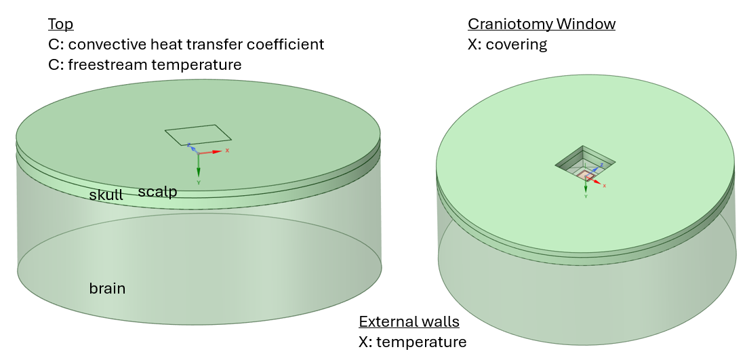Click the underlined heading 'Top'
pos(60,24)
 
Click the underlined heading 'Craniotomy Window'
pos(542,24)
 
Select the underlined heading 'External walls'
pos(409,321)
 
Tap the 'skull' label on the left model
pos(106,195)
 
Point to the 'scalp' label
pos(157,192)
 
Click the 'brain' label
pos(107,288)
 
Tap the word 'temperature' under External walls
pos(421,342)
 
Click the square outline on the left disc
pos(198,134)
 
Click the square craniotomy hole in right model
pos(584,162)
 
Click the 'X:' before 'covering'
pos(475,45)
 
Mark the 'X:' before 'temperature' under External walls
pos(366,342)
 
